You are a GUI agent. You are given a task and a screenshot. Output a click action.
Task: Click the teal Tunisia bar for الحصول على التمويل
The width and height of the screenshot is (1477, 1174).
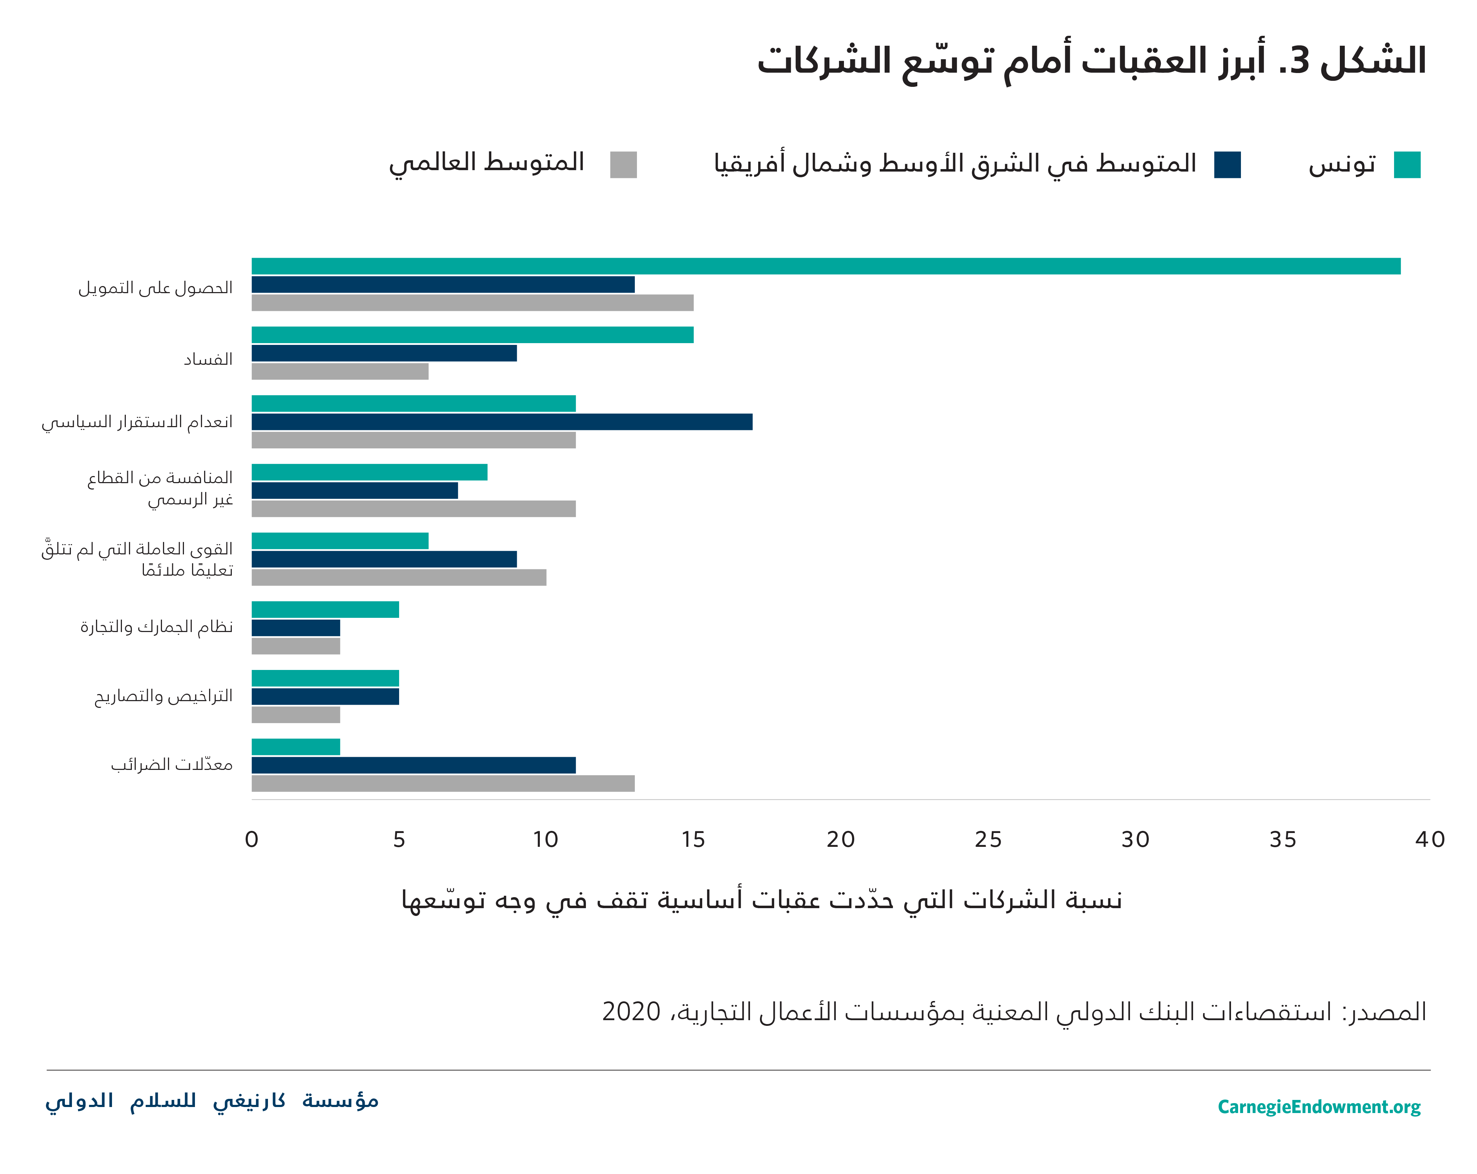(826, 267)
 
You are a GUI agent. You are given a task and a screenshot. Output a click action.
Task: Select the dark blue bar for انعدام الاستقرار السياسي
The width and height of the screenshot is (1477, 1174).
(502, 422)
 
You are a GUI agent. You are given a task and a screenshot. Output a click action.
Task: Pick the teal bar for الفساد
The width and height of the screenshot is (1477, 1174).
(472, 335)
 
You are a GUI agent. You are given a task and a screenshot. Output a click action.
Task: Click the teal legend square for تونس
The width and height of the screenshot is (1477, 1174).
(1406, 165)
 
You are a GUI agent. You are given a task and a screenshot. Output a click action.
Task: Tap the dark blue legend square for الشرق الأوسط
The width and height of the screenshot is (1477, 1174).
(1227, 165)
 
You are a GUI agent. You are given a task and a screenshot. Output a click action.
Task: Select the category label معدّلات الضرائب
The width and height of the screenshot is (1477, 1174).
(172, 764)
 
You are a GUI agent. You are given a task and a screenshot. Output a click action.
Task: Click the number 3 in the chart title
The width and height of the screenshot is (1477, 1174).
(1299, 62)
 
